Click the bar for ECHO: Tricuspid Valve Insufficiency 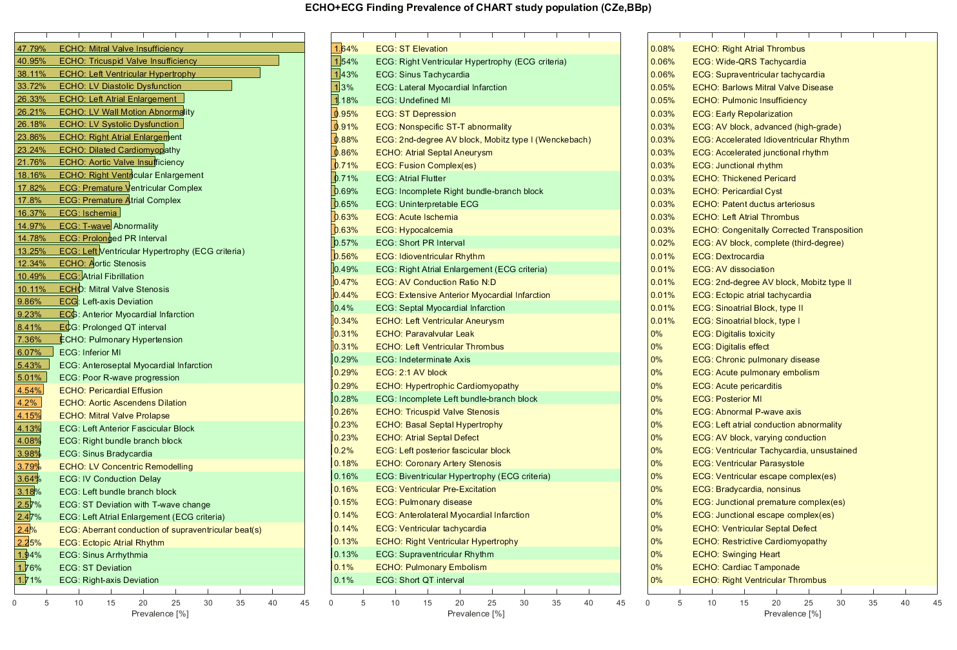146,61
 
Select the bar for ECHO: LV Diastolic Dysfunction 123,86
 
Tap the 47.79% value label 31,49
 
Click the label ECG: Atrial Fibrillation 101,276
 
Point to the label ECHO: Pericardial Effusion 111,390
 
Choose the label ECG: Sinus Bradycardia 106,453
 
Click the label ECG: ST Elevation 411,49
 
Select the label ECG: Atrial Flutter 411,179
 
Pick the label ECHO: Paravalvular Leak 425,334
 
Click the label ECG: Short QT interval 420,580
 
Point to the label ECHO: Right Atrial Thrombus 749,49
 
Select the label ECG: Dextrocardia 728,256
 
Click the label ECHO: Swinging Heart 736,555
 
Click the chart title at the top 478,8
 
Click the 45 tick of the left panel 304,603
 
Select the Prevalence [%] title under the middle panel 476,614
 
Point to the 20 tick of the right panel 776,603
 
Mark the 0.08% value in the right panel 663,49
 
